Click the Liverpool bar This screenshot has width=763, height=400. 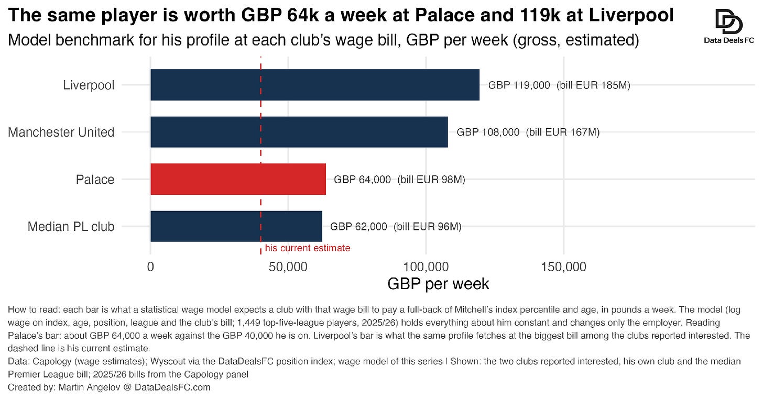pos(315,85)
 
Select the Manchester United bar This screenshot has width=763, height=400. pos(299,132)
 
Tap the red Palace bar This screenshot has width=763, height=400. pos(238,179)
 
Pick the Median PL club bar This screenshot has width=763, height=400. pos(236,226)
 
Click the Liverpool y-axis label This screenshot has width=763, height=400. pos(89,85)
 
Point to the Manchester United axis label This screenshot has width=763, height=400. pos(61,132)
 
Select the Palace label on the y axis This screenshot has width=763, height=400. pos(95,180)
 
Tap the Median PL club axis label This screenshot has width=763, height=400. pos(71,226)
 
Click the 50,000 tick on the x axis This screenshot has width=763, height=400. pos(288,267)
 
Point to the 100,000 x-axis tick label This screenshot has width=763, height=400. pos(426,267)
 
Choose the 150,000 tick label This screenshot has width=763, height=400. pos(564,267)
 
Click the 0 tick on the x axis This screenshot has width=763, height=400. pos(150,267)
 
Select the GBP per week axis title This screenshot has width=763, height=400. pos(438,284)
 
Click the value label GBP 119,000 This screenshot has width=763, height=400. pos(519,85)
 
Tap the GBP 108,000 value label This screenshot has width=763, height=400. pos(488,132)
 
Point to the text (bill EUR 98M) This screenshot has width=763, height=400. pos(431,180)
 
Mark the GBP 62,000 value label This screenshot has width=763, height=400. pos(358,226)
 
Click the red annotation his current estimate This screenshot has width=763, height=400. pos(308,248)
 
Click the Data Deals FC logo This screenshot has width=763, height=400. pos(729,27)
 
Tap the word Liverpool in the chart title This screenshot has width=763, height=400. pos(631,16)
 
